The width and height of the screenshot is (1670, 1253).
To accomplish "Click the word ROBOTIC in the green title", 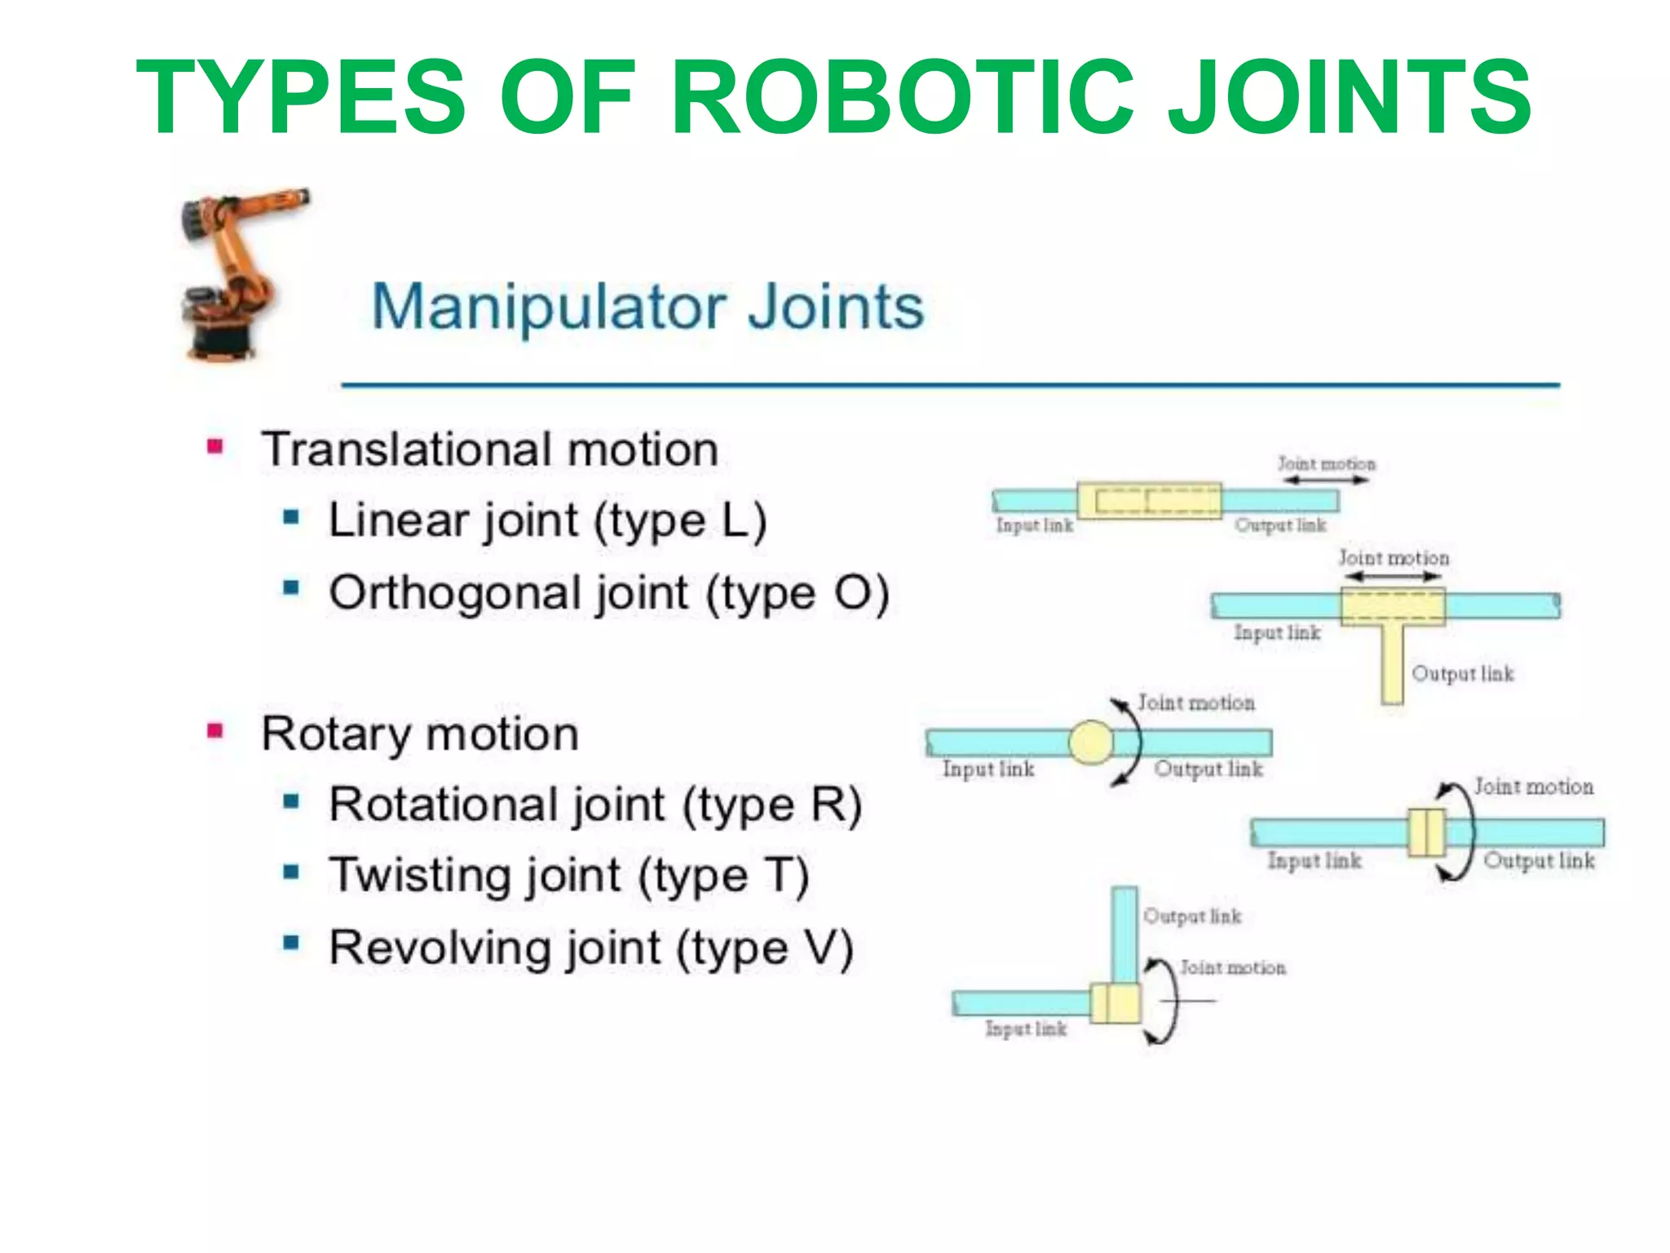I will (902, 98).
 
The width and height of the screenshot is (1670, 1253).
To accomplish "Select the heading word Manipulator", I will (548, 307).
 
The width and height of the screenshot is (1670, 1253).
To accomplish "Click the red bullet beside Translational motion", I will (214, 446).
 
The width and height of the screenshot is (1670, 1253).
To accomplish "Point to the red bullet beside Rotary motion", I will (214, 730).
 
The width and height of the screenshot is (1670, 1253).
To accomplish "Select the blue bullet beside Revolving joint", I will (291, 944).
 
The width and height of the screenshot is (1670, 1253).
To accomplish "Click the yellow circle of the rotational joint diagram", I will (1091, 742).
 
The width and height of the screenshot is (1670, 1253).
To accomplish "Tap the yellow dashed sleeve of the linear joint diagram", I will (1149, 501).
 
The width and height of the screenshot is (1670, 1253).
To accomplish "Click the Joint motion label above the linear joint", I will (1326, 463).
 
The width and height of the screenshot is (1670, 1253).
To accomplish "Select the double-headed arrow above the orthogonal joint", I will (1393, 577).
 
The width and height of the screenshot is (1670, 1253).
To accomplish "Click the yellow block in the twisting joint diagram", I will (1426, 833).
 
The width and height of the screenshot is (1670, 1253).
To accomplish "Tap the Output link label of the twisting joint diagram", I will (1538, 861).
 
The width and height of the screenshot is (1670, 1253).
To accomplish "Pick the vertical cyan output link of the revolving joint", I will (1124, 934).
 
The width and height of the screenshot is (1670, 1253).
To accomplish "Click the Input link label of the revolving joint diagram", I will (1025, 1029).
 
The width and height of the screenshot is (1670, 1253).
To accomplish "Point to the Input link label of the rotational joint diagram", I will (987, 768).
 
